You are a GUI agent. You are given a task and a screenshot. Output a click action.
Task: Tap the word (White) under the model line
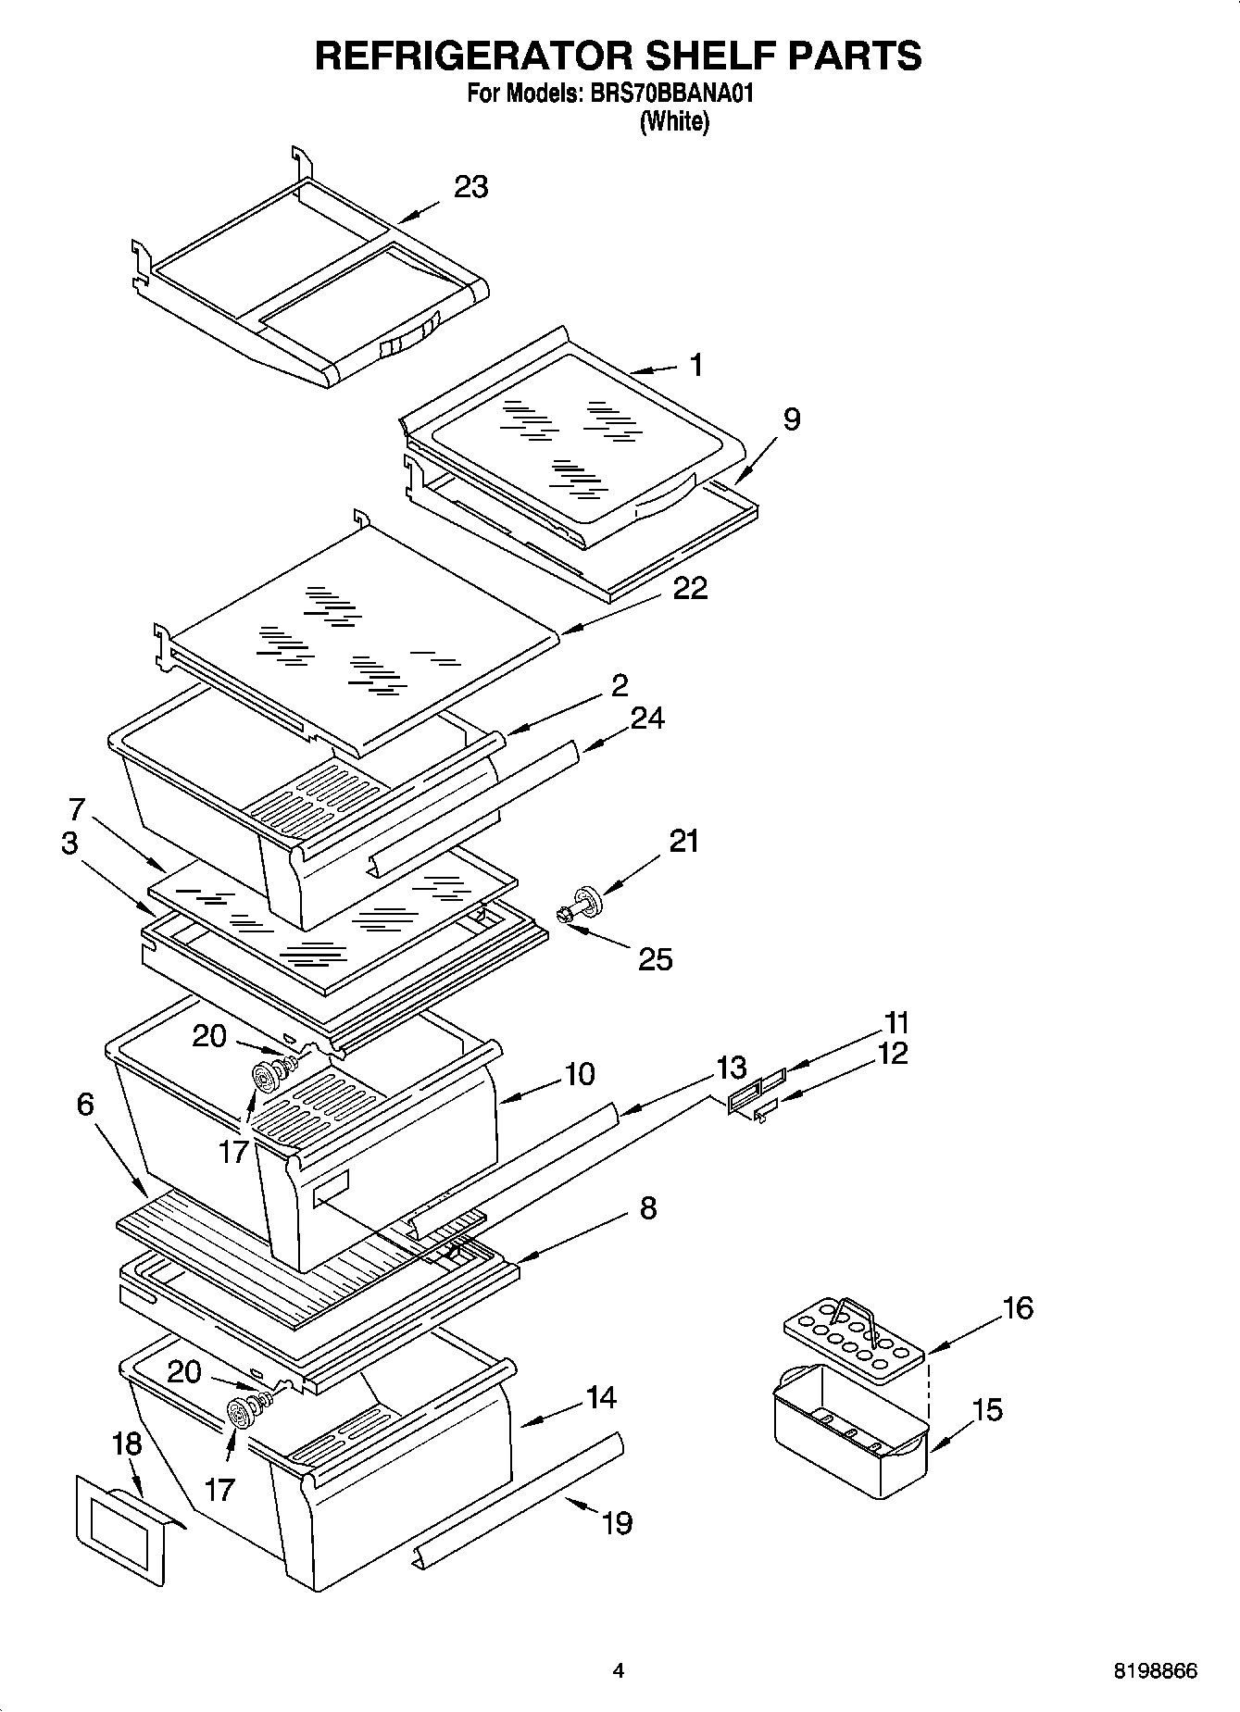pos(674,121)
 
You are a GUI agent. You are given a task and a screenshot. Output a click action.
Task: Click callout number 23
pos(470,187)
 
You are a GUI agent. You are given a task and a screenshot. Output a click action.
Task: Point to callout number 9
pos(791,419)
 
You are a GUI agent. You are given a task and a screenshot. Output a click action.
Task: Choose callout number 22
pos(690,588)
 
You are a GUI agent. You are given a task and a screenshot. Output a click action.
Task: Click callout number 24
pos(647,718)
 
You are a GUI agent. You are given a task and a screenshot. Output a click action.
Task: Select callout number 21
pos(683,842)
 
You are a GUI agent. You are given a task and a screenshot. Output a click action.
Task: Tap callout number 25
pos(655,959)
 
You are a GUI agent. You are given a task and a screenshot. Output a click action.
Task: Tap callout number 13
pos(731,1068)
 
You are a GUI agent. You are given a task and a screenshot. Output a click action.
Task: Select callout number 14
pos(601,1396)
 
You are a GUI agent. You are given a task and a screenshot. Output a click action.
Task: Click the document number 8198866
pos(1155,1671)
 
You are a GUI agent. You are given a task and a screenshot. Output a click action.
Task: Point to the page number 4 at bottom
pos(619,1671)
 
